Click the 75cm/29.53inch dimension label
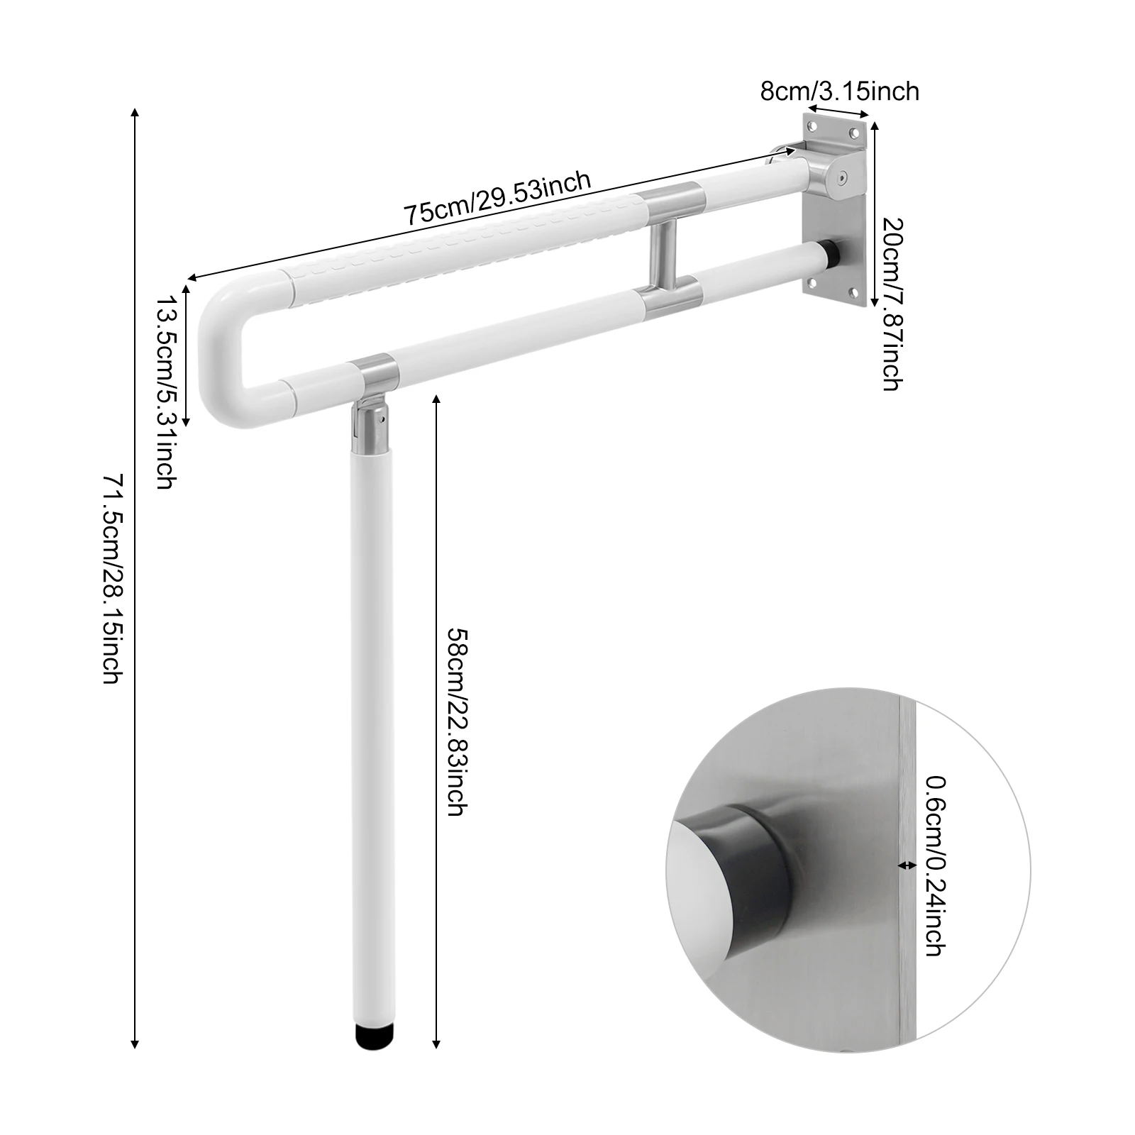[497, 198]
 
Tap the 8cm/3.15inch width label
[839, 92]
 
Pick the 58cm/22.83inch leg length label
[455, 721]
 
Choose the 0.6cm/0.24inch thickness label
[934, 865]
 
